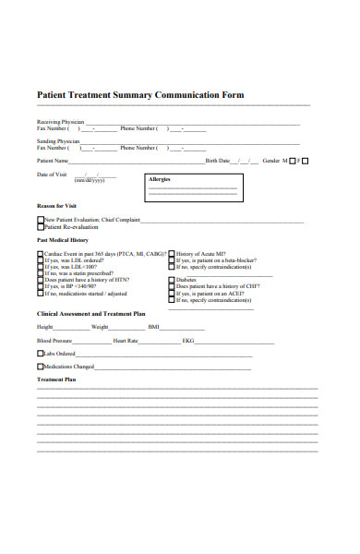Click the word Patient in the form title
(x=53, y=95)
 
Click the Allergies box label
(x=160, y=179)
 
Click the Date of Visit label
(x=52, y=174)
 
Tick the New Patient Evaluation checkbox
(x=40, y=220)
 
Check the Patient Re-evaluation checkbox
(x=40, y=226)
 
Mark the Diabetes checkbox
(x=171, y=280)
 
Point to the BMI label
(x=153, y=327)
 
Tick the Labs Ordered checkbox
(x=40, y=354)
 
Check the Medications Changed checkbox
(x=40, y=367)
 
